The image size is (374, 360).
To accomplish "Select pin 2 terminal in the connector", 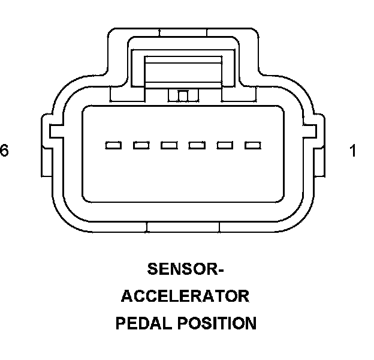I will click(225, 145).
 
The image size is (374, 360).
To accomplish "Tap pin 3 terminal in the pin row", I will click(197, 145).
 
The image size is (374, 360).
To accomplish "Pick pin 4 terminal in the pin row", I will click(169, 145).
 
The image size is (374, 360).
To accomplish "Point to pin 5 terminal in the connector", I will click(141, 145).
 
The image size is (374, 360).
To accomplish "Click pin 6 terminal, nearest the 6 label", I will click(113, 145).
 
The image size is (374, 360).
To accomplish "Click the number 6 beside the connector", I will click(5, 151).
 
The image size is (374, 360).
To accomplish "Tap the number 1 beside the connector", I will click(353, 151).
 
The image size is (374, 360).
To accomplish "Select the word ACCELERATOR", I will click(185, 296).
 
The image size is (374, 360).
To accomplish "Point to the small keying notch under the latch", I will click(183, 95).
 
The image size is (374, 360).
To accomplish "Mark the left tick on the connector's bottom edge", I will click(147, 227).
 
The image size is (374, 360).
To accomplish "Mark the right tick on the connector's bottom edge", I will click(219, 227).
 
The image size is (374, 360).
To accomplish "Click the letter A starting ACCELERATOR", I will click(127, 296).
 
